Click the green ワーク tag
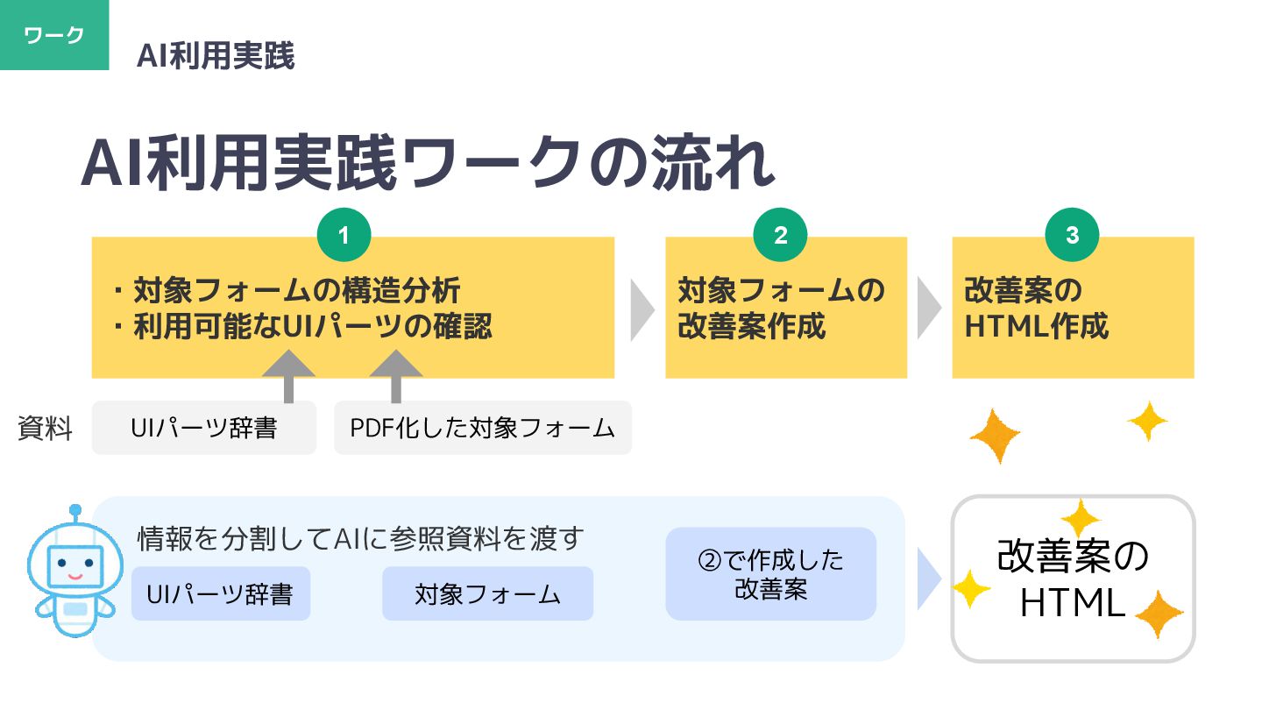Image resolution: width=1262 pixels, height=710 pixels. coord(54,35)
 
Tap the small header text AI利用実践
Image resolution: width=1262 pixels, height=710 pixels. coord(216,56)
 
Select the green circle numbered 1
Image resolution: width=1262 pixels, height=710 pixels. coord(344,236)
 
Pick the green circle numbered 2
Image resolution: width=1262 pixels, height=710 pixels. coord(780,236)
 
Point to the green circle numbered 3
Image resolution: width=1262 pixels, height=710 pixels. coord(1072,236)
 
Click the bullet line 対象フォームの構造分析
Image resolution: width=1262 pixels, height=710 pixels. coord(296,290)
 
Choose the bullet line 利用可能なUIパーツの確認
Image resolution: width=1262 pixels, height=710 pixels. coord(312,327)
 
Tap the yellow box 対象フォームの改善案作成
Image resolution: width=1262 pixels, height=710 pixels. coord(785,308)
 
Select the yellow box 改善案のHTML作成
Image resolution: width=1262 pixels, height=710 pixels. coord(1073,308)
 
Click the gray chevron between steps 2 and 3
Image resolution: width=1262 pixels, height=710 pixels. coord(929,308)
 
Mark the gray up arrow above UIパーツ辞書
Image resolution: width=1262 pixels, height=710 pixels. coord(288,374)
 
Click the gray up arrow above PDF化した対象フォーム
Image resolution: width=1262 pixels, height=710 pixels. coord(395,374)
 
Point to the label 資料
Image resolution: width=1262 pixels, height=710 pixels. coord(45,430)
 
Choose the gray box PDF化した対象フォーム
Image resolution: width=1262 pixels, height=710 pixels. coord(482,428)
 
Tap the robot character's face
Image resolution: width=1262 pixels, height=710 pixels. coord(74,565)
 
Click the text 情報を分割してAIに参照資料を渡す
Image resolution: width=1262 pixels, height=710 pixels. coord(360,538)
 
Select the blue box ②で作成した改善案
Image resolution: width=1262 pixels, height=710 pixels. coord(770,573)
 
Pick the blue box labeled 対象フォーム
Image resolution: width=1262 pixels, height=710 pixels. coord(487,593)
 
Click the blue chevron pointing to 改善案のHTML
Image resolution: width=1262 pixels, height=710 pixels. coord(928,579)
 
